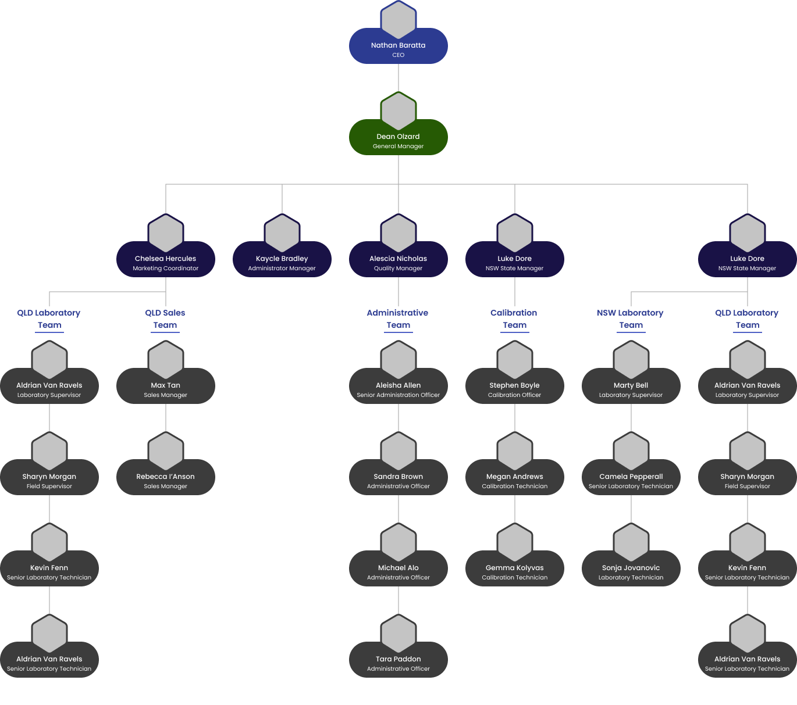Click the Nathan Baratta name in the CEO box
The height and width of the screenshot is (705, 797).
(398, 45)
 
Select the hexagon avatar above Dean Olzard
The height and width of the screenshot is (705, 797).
(398, 111)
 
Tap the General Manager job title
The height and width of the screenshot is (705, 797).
(398, 146)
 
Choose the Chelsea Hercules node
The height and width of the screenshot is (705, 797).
(165, 259)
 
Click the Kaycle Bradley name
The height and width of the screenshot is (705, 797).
(282, 259)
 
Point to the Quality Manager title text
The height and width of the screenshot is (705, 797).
(398, 269)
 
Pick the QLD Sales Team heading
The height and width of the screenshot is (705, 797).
(165, 319)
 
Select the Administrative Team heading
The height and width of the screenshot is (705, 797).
(398, 319)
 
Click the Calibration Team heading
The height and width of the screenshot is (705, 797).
(514, 319)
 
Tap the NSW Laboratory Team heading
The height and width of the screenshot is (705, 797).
(631, 319)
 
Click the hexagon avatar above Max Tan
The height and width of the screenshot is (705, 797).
(165, 360)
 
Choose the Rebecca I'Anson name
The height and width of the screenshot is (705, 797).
(165, 477)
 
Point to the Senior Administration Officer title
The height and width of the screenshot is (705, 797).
(398, 395)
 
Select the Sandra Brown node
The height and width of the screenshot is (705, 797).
(398, 477)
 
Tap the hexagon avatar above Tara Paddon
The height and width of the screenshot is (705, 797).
(398, 634)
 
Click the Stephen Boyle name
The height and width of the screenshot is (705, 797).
(514, 385)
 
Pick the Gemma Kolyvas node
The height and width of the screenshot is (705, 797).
(514, 568)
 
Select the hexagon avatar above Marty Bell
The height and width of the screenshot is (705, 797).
(631, 360)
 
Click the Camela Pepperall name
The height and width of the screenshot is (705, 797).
(631, 477)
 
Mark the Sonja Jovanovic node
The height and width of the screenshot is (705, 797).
(631, 568)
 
